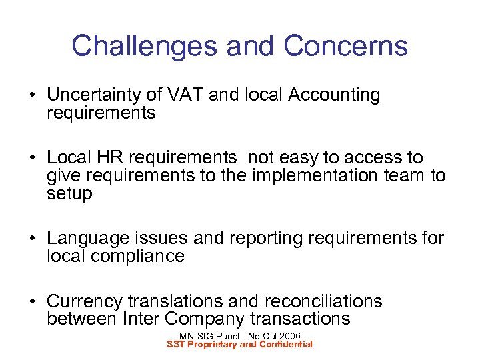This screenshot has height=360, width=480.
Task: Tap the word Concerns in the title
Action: (345, 46)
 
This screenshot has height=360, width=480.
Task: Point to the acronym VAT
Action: (186, 96)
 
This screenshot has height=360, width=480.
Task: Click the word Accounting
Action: (334, 96)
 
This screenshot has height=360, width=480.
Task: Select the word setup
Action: (69, 193)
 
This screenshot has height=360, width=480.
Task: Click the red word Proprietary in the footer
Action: (218, 344)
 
